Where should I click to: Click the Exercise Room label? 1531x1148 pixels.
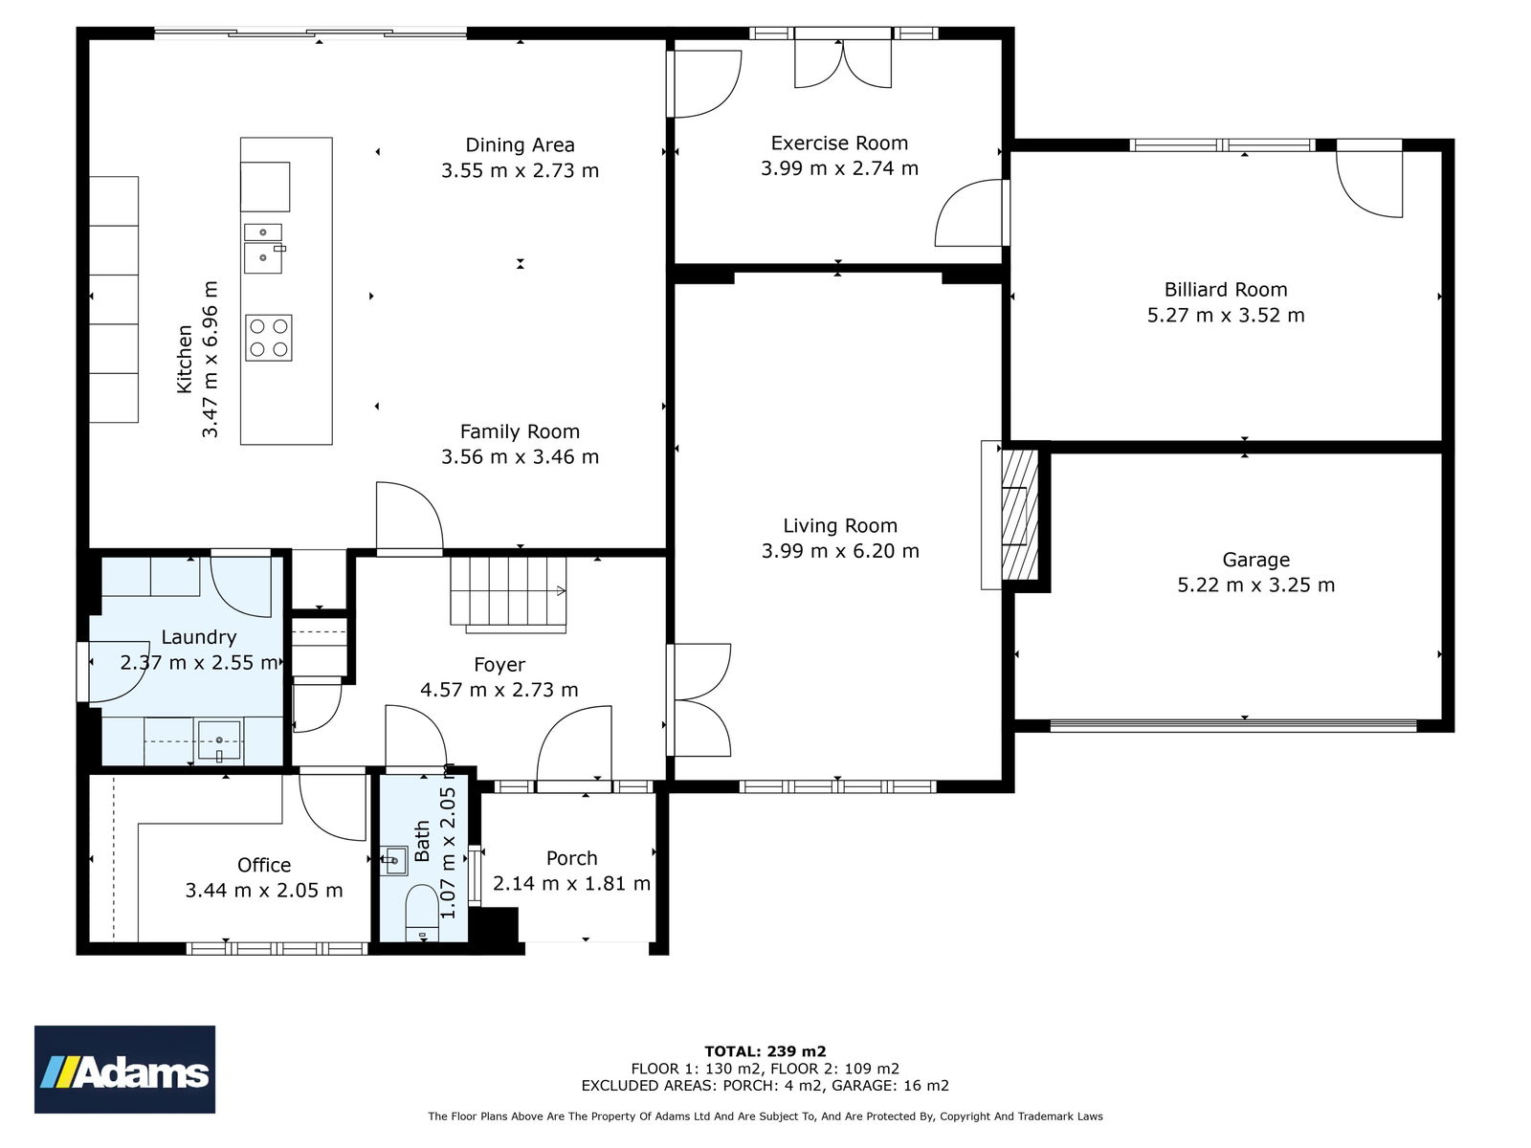[839, 143]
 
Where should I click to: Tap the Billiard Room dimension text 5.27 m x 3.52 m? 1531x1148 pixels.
[1226, 315]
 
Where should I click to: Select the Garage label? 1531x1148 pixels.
[1255, 560]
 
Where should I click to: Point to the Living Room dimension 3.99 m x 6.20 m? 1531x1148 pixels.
[840, 551]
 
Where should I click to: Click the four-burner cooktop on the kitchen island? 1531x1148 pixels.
[269, 338]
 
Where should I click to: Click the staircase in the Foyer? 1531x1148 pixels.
[508, 594]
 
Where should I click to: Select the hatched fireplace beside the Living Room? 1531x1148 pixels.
[1020, 515]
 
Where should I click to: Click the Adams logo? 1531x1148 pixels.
[124, 1069]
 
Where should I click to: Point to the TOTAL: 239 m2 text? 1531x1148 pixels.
[765, 1051]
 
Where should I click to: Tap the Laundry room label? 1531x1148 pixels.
[199, 637]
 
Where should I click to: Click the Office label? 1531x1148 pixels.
[264, 865]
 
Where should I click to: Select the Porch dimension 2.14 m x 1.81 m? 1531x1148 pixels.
[571, 883]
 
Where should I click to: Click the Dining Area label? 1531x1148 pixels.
[520, 145]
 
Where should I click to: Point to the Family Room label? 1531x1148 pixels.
[520, 431]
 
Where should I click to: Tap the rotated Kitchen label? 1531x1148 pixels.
[184, 359]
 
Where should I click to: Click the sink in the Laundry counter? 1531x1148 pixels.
[219, 740]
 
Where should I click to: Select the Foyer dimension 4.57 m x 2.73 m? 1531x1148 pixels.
[499, 690]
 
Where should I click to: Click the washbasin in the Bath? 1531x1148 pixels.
[394, 860]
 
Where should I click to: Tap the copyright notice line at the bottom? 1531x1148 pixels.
[765, 1115]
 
